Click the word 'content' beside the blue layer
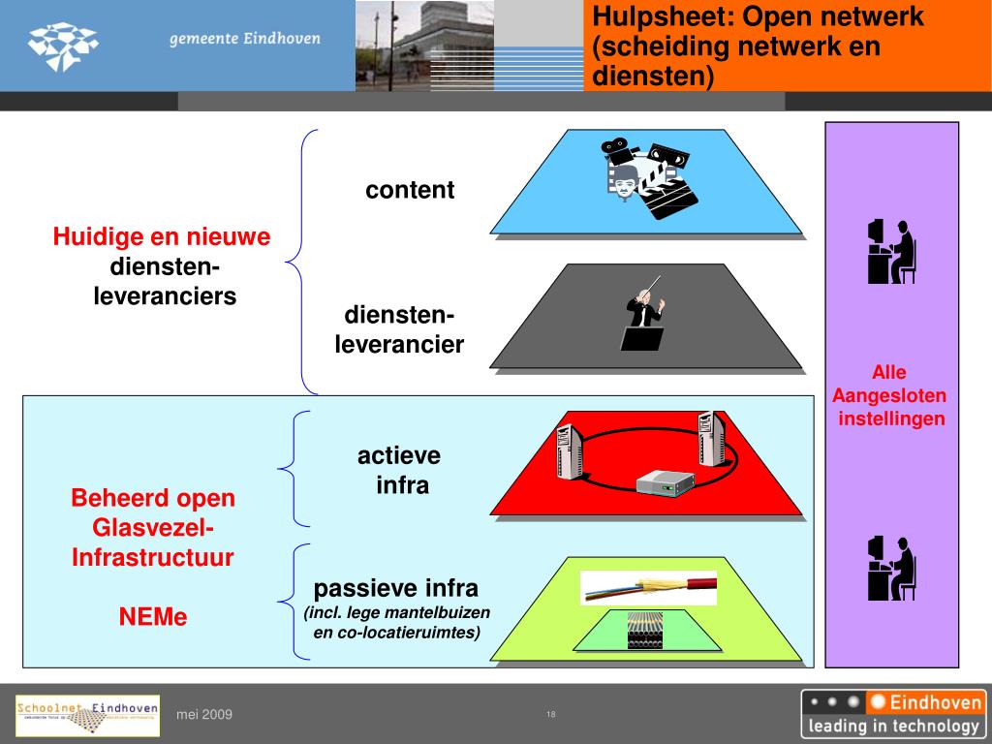(410, 190)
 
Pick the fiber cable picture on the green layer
(648, 586)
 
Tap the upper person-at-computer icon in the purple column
(891, 252)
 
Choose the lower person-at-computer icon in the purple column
(891, 569)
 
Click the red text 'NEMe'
(153, 616)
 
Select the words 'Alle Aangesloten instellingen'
(889, 395)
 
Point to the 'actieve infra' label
(399, 470)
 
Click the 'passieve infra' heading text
(396, 588)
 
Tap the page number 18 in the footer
(551, 715)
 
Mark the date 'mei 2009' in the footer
(204, 715)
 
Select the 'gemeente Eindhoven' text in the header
(244, 40)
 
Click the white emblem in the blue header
(63, 46)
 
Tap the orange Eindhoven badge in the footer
(925, 702)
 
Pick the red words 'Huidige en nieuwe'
(162, 237)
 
